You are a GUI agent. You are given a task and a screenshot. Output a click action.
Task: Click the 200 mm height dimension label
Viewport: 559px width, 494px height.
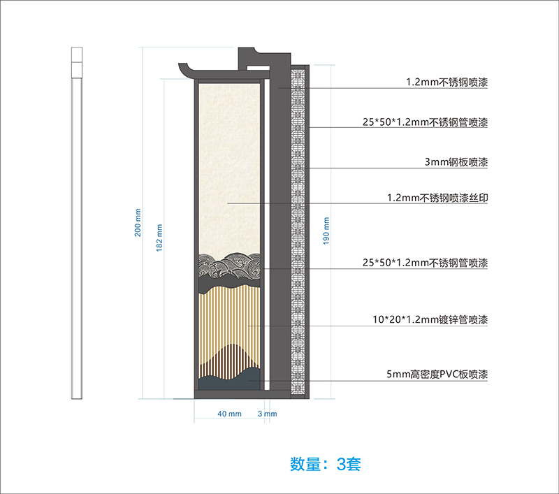click(x=138, y=222)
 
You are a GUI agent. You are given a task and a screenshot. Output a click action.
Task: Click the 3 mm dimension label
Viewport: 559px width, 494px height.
click(x=268, y=414)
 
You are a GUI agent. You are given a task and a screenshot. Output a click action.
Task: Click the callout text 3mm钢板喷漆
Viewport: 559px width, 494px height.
click(x=456, y=162)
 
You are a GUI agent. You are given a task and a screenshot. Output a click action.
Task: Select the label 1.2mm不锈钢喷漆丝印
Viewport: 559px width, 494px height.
click(x=437, y=198)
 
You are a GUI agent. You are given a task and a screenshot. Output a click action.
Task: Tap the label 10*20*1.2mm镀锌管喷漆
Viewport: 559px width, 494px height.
click(x=430, y=320)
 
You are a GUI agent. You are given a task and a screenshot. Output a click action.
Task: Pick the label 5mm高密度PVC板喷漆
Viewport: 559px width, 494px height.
click(x=436, y=375)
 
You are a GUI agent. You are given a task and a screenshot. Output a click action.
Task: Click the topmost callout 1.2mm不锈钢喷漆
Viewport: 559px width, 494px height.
click(x=447, y=82)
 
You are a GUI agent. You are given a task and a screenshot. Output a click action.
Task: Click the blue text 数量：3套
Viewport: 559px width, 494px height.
click(x=325, y=463)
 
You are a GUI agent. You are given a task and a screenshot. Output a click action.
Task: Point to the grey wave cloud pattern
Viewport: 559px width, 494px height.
click(x=229, y=268)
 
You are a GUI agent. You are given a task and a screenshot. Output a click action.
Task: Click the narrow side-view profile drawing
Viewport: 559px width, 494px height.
click(x=77, y=224)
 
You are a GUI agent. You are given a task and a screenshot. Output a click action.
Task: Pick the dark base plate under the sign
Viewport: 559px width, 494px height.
click(x=242, y=394)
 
